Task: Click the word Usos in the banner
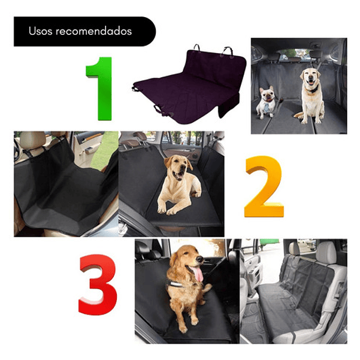pos(40,31)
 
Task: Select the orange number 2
pos(264,188)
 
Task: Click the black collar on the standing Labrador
pos(311,89)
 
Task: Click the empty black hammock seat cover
pos(62,189)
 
